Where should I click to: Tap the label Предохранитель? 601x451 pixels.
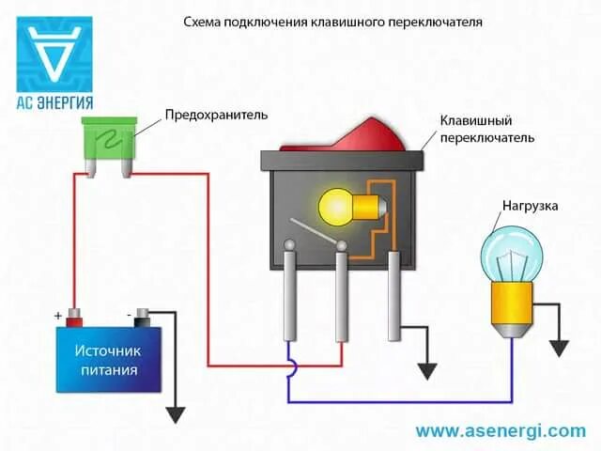pos(216,115)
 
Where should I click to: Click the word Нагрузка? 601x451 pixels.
pos(530,204)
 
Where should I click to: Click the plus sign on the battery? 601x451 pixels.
pos(59,316)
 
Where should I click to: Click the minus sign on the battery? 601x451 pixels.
pos(127,316)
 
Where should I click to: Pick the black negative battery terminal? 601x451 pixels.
pos(143,315)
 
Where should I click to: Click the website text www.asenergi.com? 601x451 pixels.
pos(500,431)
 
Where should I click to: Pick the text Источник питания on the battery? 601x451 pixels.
pos(108,360)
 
